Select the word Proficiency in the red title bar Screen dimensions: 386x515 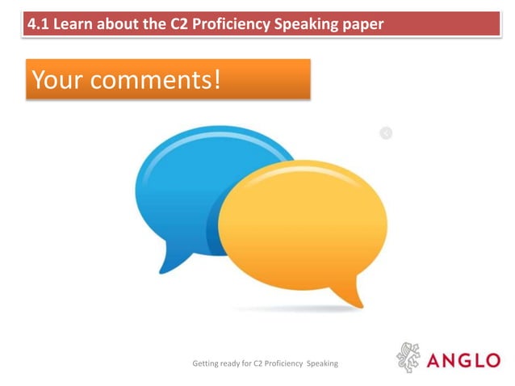pyautogui.click(x=228, y=24)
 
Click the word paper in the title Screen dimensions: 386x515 pyautogui.click(x=360, y=24)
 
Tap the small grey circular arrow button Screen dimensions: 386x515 pyautogui.click(x=386, y=132)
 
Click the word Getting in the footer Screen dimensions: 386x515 pyautogui.click(x=206, y=364)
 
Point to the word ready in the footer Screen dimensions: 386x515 pyautogui.click(x=235, y=364)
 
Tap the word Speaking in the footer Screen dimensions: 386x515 pyautogui.click(x=321, y=364)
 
